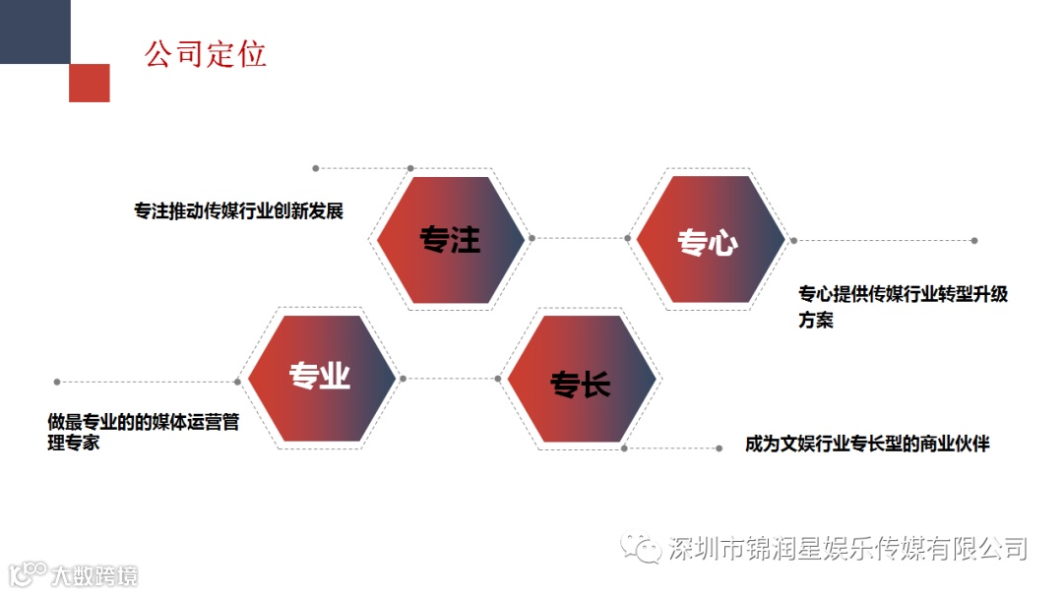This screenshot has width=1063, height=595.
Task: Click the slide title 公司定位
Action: (206, 53)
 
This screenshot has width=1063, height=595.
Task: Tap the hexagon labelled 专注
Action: (451, 239)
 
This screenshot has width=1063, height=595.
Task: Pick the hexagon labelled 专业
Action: (321, 378)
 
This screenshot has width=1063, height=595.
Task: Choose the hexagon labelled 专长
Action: (580, 381)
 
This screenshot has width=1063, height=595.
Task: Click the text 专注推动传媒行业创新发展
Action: (239, 210)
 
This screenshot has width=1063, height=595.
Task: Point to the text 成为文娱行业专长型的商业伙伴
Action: (867, 444)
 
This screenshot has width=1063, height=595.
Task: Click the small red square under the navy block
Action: (90, 83)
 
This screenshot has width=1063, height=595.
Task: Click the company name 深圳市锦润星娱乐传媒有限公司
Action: (846, 548)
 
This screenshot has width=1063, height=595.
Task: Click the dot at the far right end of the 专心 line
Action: (974, 240)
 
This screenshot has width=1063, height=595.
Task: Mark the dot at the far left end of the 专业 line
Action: (57, 382)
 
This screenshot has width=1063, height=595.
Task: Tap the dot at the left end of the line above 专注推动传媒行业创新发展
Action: (315, 168)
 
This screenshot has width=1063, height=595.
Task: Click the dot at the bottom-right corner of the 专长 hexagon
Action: (625, 447)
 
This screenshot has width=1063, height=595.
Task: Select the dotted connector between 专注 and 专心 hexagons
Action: (580, 237)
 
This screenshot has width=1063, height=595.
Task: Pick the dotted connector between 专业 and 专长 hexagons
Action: (450, 379)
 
